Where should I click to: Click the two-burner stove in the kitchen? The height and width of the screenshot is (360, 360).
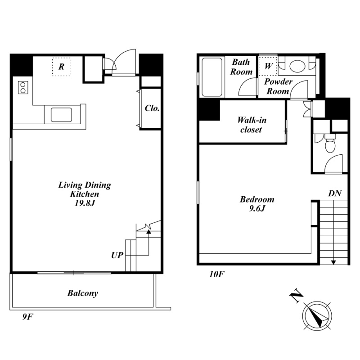(x=23, y=87)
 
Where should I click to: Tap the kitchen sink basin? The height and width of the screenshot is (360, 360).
(x=61, y=115)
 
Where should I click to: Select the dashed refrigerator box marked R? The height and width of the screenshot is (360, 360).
(x=61, y=67)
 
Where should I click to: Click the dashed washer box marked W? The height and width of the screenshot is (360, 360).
(x=268, y=66)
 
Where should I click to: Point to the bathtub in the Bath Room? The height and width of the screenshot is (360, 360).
(x=212, y=77)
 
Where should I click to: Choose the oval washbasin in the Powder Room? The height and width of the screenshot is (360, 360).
(x=297, y=66)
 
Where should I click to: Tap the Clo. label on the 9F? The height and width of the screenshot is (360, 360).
(x=152, y=108)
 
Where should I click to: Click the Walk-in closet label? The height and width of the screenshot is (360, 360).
(x=252, y=125)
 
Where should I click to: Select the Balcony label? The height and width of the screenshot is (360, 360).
(x=83, y=293)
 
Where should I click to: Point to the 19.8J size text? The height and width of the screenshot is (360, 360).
(x=85, y=203)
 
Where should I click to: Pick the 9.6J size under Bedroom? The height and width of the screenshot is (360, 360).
(x=257, y=208)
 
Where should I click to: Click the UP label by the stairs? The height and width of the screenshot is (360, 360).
(x=117, y=255)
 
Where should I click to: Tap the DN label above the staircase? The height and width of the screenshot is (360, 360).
(x=335, y=193)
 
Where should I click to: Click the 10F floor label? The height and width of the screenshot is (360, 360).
(x=216, y=274)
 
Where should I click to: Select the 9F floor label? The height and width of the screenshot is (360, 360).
(x=28, y=317)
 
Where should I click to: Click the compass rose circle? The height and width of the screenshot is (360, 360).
(x=317, y=316)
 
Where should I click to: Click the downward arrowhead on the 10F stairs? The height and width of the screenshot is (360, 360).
(x=333, y=262)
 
